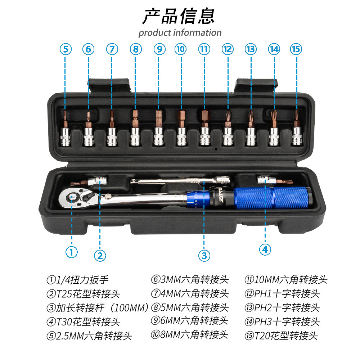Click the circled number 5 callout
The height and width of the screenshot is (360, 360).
pos(65,49)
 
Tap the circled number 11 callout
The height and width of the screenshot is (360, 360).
pos(204,49)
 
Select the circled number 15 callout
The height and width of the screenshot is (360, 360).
pos(296,49)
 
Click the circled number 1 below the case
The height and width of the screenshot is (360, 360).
pos(71,252)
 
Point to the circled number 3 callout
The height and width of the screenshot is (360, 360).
pos(204,255)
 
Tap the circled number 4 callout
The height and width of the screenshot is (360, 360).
pos(265,249)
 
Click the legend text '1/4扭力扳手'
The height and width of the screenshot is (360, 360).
pos(77,280)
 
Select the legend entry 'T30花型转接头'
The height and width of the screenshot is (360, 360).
pos(83,321)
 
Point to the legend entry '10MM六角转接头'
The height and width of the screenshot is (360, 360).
pos(286,279)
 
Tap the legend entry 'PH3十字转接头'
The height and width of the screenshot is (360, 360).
pos(282,321)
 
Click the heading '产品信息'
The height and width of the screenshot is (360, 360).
pos(179,16)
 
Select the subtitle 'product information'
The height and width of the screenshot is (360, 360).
pos(180,33)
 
